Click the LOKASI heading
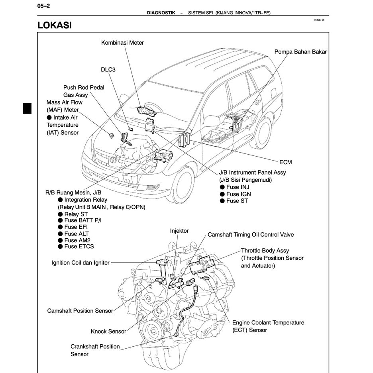[x=54, y=25]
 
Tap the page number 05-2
[x=43, y=6]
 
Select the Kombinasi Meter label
[x=122, y=43]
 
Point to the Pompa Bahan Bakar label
[x=300, y=52]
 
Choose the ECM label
[x=285, y=162]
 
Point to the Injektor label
[x=179, y=231]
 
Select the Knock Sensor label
[x=108, y=331]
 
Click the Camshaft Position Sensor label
[x=80, y=310]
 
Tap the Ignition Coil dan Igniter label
[x=80, y=263]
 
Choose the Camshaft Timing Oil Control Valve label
[x=250, y=235]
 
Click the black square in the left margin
[x=27, y=108]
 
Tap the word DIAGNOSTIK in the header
[x=161, y=13]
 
